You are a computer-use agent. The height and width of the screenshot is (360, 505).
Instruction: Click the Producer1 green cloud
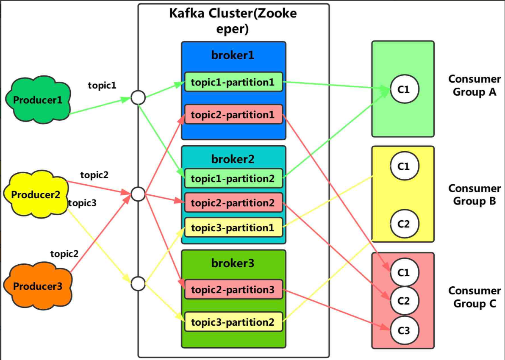click(x=37, y=100)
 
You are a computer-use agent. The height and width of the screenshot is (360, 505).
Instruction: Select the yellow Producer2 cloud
click(x=36, y=195)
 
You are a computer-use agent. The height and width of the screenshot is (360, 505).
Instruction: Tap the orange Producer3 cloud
click(x=37, y=286)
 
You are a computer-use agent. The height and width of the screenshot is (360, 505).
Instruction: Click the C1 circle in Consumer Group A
click(x=404, y=89)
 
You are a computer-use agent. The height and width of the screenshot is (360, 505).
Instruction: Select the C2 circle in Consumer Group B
click(x=404, y=223)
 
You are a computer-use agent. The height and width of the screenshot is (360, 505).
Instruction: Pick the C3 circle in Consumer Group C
click(x=404, y=330)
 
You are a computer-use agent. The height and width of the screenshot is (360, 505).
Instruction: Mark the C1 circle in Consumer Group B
click(x=404, y=166)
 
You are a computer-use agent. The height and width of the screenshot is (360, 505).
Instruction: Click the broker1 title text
click(x=233, y=55)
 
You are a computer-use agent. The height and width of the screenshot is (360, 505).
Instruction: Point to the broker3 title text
click(x=233, y=263)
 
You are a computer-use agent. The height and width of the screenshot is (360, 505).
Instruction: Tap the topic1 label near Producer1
click(x=102, y=86)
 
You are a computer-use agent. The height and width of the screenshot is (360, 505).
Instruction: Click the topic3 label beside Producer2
click(x=83, y=203)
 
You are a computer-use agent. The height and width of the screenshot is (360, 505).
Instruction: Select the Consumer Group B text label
click(x=474, y=194)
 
